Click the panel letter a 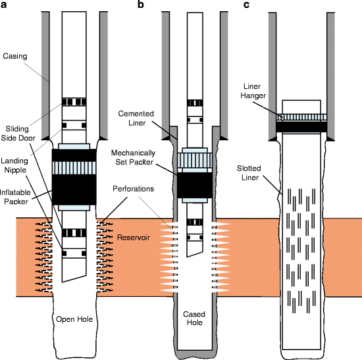tap(5, 6)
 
